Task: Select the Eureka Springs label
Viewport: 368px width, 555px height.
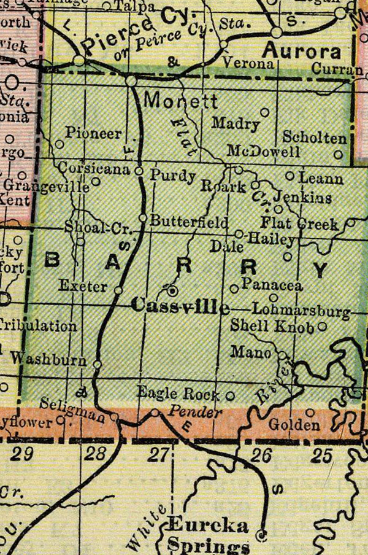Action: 208,534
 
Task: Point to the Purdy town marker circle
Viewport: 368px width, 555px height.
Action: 139,171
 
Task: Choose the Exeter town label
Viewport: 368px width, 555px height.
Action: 84,286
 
